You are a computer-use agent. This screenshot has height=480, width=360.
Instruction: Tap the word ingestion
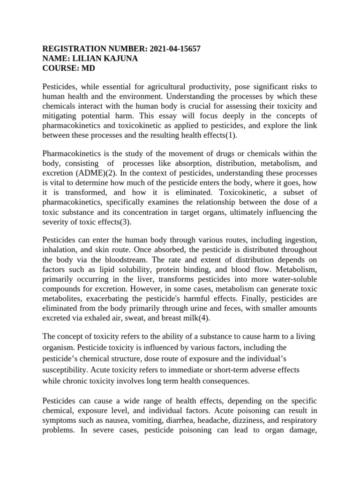click(x=300, y=241)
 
